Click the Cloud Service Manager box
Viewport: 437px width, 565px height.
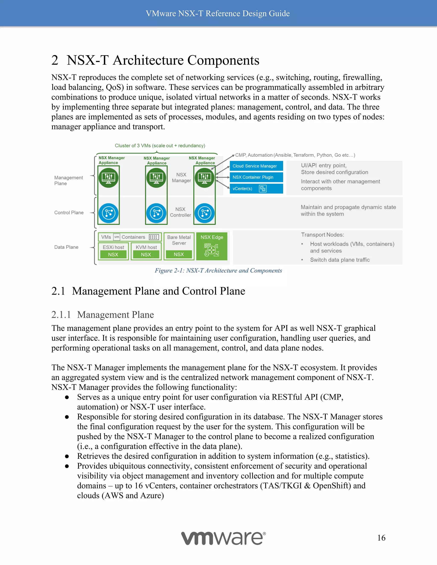tap(256, 166)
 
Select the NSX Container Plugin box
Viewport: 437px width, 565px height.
tap(256, 177)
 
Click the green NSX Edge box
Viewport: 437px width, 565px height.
tap(212, 246)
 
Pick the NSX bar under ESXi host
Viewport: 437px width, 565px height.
tap(113, 255)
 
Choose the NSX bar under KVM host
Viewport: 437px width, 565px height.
tap(146, 255)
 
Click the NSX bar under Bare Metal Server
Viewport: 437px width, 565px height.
tap(179, 254)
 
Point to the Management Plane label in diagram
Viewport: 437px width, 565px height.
tap(68, 181)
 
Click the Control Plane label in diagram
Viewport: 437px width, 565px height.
tap(69, 213)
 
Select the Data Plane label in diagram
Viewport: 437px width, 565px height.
tap(66, 247)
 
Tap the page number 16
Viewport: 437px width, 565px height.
tap(381, 538)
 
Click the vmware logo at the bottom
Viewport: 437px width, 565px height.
tap(223, 538)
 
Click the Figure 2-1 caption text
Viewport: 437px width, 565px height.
tap(218, 271)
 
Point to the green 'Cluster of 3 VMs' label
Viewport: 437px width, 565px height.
tap(160, 146)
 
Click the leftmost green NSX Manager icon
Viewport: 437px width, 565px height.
tap(108, 178)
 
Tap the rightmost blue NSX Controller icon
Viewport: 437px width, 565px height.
tap(204, 213)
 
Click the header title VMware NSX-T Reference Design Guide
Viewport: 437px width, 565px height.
tap(218, 13)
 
